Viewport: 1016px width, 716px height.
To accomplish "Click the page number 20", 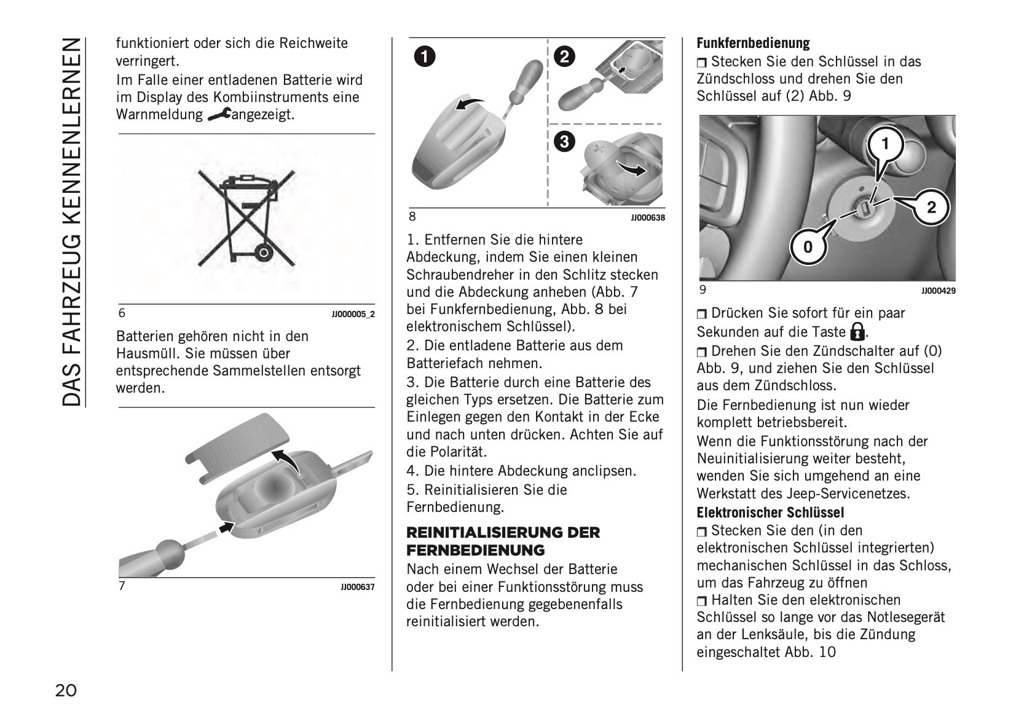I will point(66,691).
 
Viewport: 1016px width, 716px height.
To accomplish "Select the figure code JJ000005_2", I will point(353,314).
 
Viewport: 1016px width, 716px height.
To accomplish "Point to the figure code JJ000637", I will point(357,587).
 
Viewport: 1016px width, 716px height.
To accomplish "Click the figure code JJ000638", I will point(647,218).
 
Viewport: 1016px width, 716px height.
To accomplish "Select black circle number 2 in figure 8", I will point(564,57).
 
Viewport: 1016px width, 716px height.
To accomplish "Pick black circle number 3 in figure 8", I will point(564,142).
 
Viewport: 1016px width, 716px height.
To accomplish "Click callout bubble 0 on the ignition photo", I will point(808,246).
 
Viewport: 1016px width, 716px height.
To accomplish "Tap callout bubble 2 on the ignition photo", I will point(931,207).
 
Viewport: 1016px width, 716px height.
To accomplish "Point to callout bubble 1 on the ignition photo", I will point(885,144).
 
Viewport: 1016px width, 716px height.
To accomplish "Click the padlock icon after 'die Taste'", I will point(857,332).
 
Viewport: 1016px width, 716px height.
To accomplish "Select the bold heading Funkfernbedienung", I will point(753,43).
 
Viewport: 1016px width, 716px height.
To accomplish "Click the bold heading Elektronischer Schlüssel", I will point(770,513).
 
